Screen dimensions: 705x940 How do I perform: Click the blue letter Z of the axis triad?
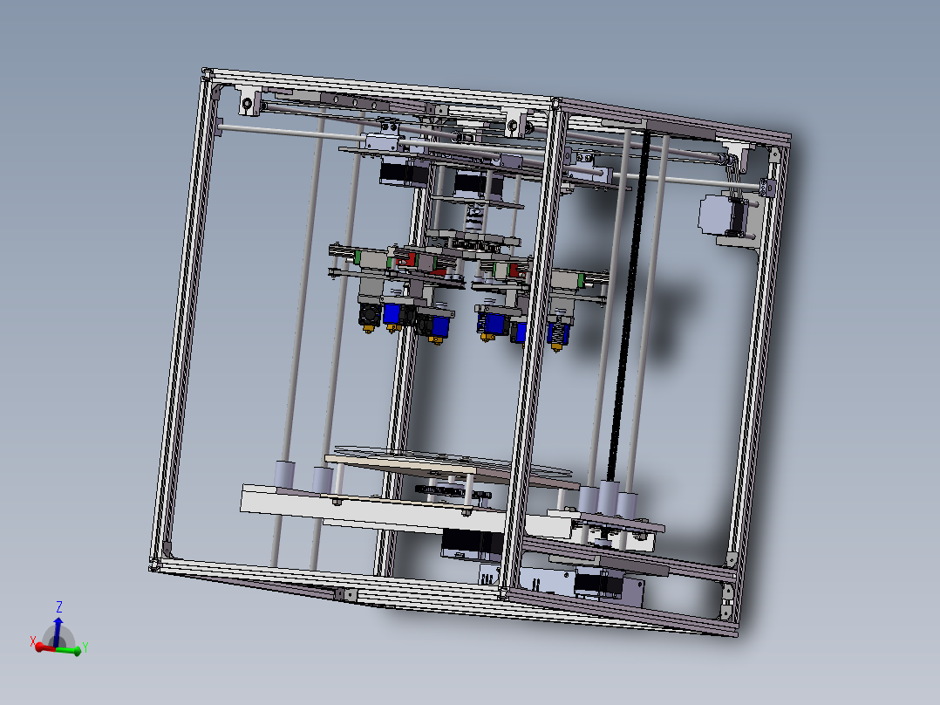(58, 606)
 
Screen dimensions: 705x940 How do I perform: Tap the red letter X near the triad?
(33, 641)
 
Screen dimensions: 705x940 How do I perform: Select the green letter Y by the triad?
(85, 647)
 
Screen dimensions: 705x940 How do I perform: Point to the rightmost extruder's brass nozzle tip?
(556, 347)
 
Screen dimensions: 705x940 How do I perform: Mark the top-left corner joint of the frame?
(207, 73)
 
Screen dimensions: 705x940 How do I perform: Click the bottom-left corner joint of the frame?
(157, 564)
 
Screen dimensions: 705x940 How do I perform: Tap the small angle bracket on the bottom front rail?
(345, 593)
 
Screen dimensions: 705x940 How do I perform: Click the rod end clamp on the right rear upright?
(767, 187)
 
